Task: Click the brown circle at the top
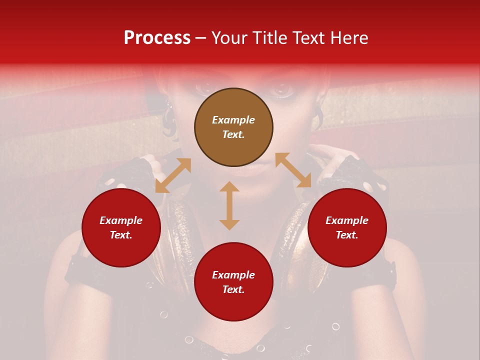pyautogui.click(x=233, y=127)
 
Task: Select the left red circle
pyautogui.click(x=121, y=227)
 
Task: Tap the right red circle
pyautogui.click(x=347, y=227)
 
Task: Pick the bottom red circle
pyautogui.click(x=233, y=282)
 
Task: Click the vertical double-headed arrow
pyautogui.click(x=229, y=205)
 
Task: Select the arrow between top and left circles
pyautogui.click(x=173, y=175)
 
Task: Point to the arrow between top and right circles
pyautogui.click(x=293, y=170)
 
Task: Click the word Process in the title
pyautogui.click(x=157, y=38)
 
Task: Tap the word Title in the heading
pyautogui.click(x=269, y=38)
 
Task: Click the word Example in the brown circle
pyautogui.click(x=233, y=120)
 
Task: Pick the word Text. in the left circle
pyautogui.click(x=121, y=235)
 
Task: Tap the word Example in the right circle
pyautogui.click(x=347, y=220)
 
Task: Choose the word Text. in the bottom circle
pyautogui.click(x=233, y=289)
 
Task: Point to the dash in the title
pyautogui.click(x=201, y=38)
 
